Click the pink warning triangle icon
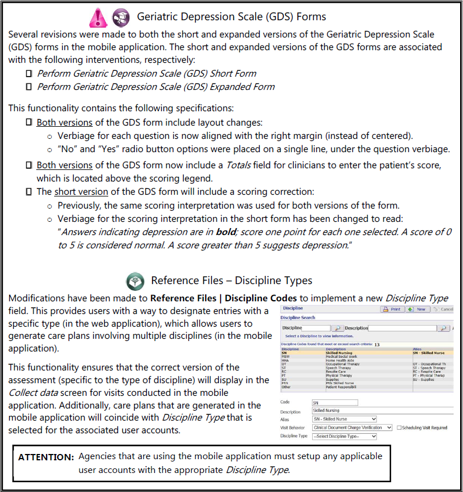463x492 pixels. point(97,17)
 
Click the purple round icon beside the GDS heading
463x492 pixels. point(120,17)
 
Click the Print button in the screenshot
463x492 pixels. point(392,309)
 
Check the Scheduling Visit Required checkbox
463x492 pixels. point(399,427)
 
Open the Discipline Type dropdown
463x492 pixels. point(344,437)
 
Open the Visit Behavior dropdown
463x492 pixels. point(351,427)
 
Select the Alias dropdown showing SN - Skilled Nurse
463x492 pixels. point(344,419)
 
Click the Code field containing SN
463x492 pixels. point(335,402)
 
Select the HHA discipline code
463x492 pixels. point(285,360)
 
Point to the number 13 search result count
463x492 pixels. point(377,344)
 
